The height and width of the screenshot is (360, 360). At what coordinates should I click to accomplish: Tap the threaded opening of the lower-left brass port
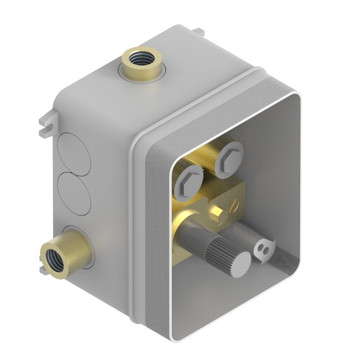(x=54, y=259)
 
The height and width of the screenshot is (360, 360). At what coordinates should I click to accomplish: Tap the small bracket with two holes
(x=264, y=249)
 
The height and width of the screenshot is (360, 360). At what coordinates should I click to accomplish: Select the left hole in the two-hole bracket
(x=260, y=248)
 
